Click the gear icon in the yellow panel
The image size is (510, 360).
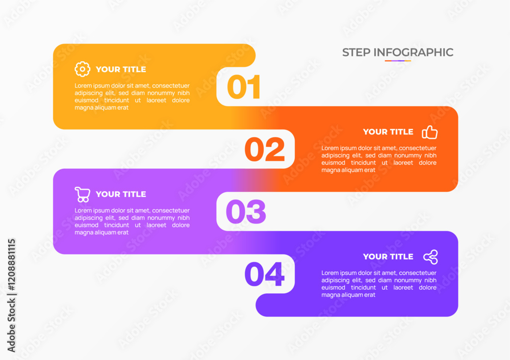click(82, 69)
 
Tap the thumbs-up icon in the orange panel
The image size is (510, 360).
click(429, 132)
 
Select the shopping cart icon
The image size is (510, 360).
click(83, 194)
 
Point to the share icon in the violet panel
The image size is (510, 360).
click(430, 257)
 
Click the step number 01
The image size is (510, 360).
click(244, 87)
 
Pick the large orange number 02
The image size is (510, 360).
click(265, 149)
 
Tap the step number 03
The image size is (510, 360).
click(246, 212)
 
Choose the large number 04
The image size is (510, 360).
click(264, 274)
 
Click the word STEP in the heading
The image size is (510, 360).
click(356, 53)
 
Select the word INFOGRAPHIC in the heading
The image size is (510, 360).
click(414, 53)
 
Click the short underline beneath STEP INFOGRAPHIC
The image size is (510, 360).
click(398, 61)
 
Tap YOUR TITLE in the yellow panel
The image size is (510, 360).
click(121, 69)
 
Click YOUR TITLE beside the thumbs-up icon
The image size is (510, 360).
click(388, 132)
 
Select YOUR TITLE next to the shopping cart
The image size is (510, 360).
click(121, 194)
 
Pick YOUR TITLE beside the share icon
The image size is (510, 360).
click(388, 256)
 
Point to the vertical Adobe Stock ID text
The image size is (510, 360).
click(11, 295)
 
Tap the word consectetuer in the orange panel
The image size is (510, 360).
click(418, 148)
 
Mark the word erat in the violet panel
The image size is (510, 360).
click(369, 295)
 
